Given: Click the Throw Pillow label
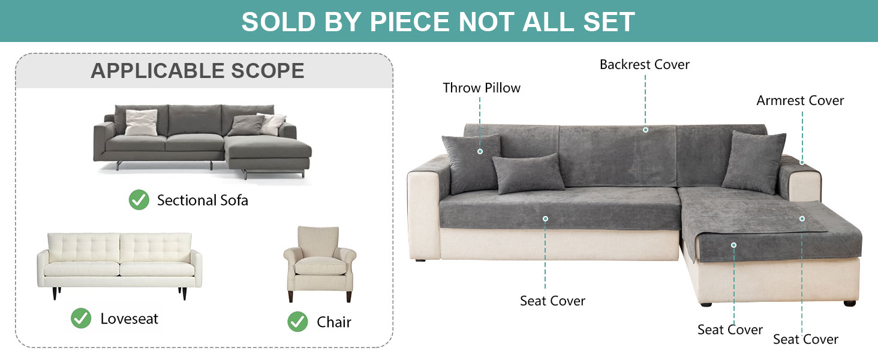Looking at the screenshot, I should coord(482,88).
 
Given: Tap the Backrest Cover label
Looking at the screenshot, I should coord(644,64).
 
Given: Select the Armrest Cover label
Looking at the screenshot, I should coord(800,100).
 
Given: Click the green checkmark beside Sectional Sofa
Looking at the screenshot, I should coord(139,200).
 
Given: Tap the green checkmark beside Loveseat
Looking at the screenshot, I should coord(81,318).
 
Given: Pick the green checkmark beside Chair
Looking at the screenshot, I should coord(297,322).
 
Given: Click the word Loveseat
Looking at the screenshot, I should coord(129,319).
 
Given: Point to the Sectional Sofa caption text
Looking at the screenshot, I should coord(202,200).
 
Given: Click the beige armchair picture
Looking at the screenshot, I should coord(319,263).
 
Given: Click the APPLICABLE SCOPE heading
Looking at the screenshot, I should coord(197,71).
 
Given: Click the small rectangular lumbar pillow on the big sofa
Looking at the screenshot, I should coord(528,173).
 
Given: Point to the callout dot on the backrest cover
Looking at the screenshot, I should coord(645,130).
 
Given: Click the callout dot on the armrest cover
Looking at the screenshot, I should coord(802,162).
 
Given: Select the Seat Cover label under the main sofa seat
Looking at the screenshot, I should coord(552,301).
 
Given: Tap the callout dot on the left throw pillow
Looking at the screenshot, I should coord(480,151).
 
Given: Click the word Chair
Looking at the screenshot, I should coord(333,322).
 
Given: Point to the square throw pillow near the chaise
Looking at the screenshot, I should coord(754,160).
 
